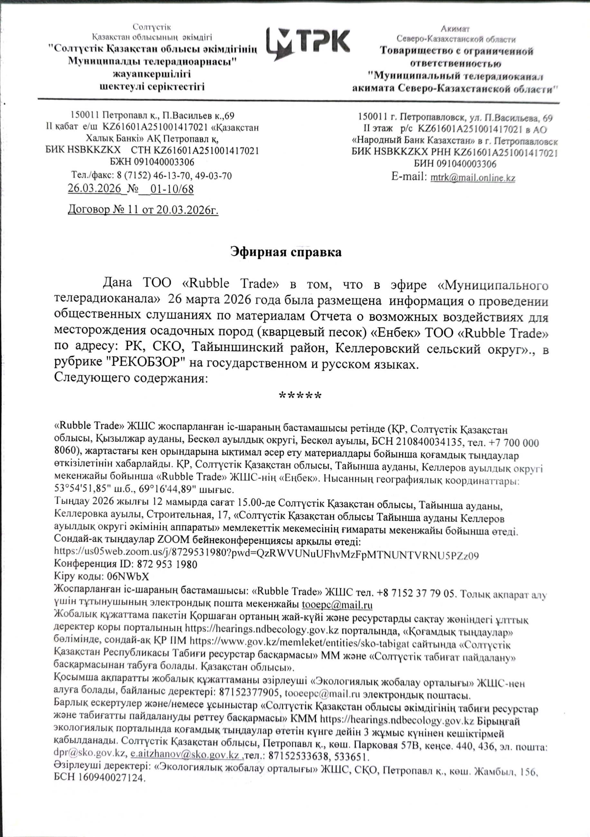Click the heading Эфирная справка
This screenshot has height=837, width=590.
coord(286,252)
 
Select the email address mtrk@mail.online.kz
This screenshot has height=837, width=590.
coord(473,178)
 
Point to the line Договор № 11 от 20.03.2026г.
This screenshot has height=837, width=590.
coord(143,210)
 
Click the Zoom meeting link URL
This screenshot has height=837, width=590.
coord(267,555)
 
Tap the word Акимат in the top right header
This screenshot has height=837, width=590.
coord(455,29)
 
